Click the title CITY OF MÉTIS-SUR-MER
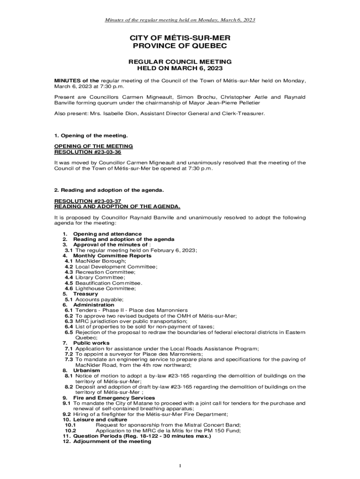pos(180,37)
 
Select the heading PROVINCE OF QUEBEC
pos(180,46)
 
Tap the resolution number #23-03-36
pos(105,152)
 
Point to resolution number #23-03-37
pos(105,201)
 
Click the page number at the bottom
pos(180,465)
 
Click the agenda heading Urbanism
pos(86,370)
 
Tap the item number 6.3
pos(69,321)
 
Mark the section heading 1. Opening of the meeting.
pos(91,136)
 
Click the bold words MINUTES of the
pos(77,81)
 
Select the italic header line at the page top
pos(180,20)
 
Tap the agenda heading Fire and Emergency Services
pos(114,398)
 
